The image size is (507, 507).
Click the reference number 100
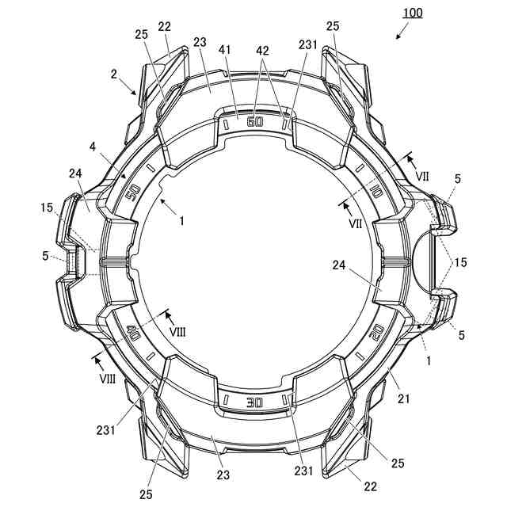(412, 13)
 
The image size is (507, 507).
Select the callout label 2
(114, 74)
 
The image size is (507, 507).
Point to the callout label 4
(93, 147)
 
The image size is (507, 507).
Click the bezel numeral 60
(253, 122)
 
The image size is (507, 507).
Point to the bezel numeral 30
(253, 402)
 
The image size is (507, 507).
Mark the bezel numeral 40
(132, 333)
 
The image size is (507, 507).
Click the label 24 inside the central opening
(341, 267)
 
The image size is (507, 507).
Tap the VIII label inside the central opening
(177, 331)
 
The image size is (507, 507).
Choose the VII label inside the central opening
(356, 224)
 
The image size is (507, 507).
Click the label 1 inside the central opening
(181, 221)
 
